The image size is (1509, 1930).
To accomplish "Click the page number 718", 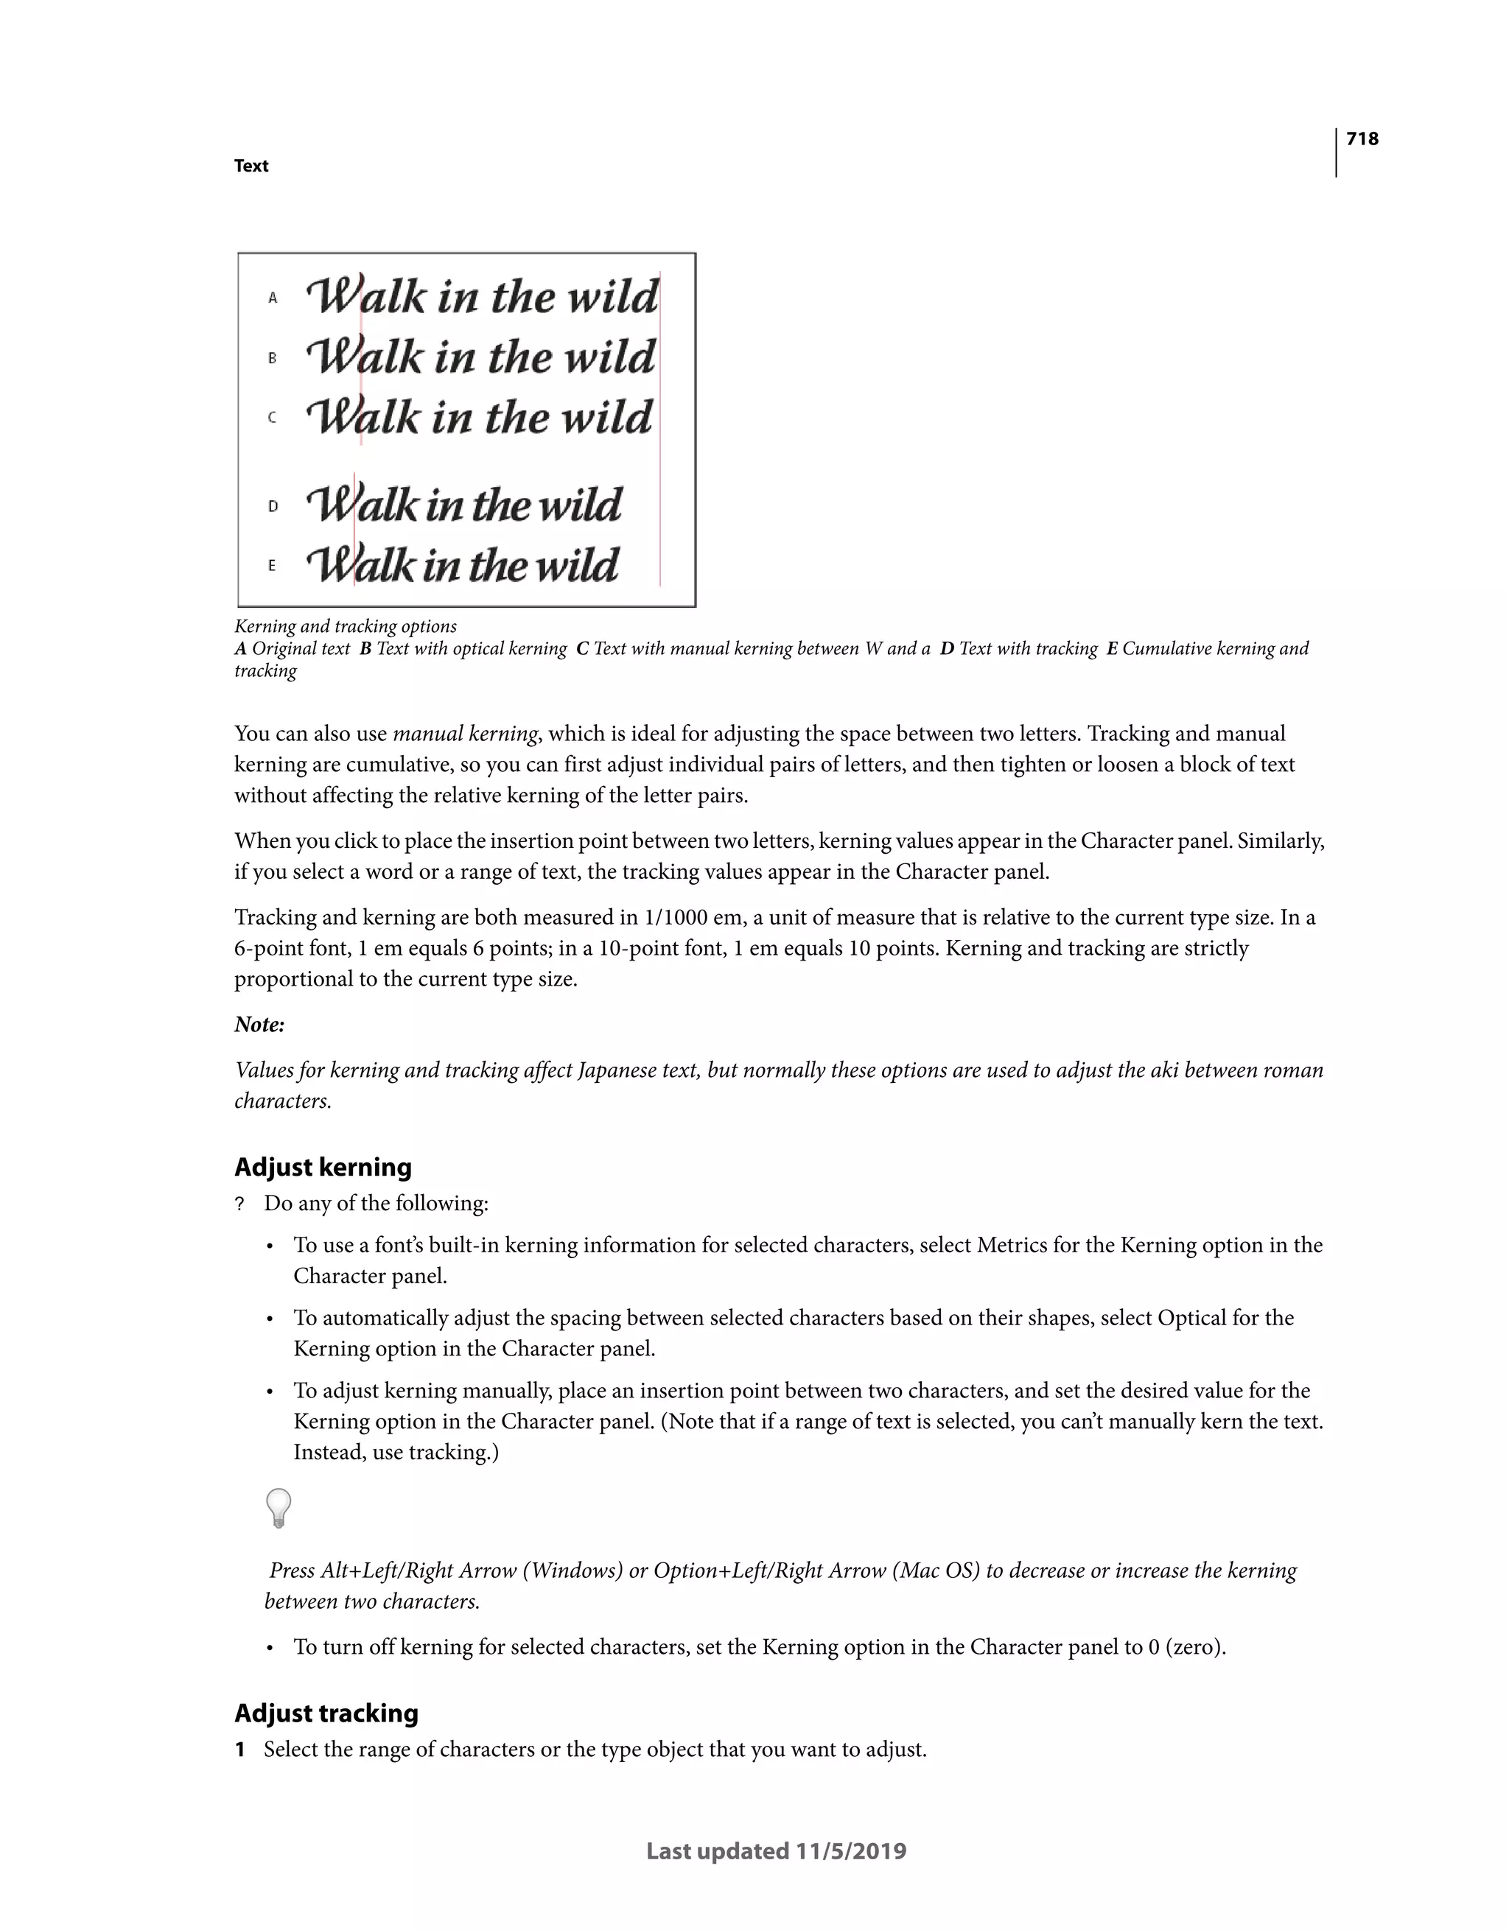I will (x=1362, y=138).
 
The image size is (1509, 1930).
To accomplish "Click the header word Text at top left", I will (x=251, y=166).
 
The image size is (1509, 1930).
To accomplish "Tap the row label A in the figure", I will (x=273, y=298).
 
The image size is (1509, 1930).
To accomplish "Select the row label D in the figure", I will (x=273, y=506).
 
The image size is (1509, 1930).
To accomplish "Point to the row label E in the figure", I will (x=273, y=566).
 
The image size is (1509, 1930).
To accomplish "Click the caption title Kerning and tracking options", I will (x=345, y=627).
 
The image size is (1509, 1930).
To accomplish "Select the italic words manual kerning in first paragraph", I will (x=465, y=734).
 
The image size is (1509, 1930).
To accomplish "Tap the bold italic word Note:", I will (x=259, y=1025).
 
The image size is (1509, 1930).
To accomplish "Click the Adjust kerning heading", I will (x=323, y=1168).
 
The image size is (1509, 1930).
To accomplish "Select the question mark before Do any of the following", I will (x=239, y=1204).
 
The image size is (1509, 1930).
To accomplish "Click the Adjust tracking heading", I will (x=326, y=1713).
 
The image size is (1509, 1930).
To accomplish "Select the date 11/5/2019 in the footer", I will (x=850, y=1851).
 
